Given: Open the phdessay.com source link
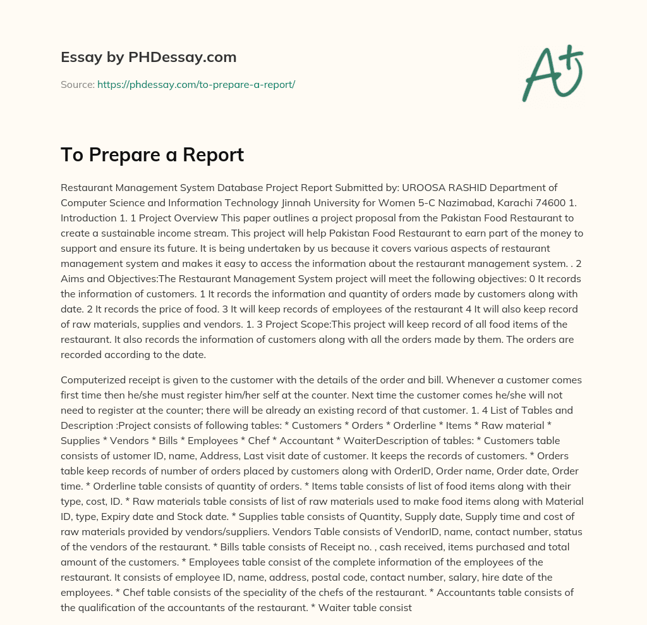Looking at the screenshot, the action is point(196,84).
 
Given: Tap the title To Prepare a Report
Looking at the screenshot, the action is point(152,155).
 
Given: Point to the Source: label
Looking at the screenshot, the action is point(77,84).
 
